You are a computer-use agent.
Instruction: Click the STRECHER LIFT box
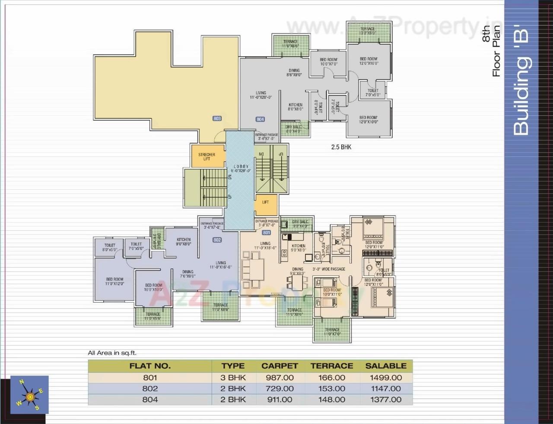point(207,156)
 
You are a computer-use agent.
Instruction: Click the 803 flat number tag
point(217,118)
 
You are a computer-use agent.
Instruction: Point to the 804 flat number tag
point(260,119)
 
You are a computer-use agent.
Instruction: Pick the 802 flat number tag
point(217,240)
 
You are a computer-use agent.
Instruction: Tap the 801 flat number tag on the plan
point(266,233)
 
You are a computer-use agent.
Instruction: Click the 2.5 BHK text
point(341,147)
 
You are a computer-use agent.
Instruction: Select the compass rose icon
point(29,395)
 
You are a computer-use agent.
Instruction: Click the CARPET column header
point(280,366)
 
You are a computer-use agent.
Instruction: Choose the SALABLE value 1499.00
point(386,377)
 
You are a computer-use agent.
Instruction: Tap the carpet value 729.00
point(280,389)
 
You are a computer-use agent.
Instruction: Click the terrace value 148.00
point(332,399)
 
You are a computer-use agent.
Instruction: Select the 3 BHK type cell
point(233,377)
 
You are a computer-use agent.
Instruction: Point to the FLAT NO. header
point(150,366)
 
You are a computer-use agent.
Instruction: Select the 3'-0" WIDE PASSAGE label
point(329,269)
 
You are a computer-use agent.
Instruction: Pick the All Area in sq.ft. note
point(112,353)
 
